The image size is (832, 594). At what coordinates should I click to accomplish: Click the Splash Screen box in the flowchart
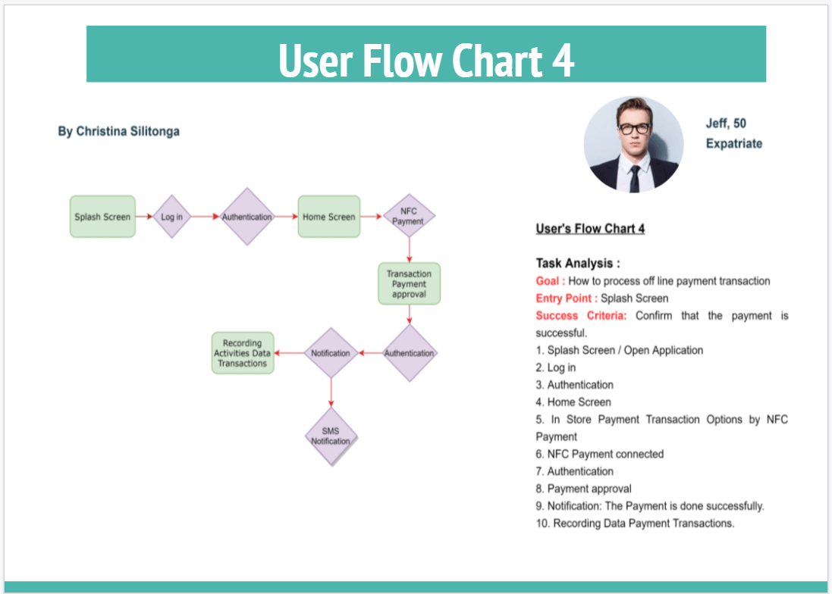pos(102,217)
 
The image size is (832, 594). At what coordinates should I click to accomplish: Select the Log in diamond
pos(172,217)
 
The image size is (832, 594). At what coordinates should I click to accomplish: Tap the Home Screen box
pos(328,217)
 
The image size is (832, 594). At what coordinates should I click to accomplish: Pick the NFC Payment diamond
pos(409,217)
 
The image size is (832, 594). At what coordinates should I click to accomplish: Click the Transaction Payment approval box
pos(410,284)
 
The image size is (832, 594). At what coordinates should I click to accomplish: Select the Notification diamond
pos(331,353)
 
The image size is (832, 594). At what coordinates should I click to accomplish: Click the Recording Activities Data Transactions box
pos(243,353)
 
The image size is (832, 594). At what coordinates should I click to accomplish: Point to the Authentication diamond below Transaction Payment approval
pos(410,353)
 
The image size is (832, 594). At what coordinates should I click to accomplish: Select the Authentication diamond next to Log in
pos(246,217)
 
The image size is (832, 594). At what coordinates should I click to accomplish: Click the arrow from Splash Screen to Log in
pos(144,217)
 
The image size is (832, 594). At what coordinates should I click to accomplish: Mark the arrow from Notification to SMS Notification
pos(331,393)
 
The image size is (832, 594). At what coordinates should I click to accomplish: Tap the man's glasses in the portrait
pos(634,128)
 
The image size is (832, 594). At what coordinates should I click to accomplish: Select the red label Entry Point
pos(566,299)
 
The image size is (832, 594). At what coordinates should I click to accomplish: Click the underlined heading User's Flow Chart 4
pos(590,229)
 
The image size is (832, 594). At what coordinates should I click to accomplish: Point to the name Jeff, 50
pos(726,123)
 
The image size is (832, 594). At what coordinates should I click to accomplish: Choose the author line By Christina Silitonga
pos(119,131)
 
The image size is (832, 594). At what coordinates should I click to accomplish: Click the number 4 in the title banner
pos(562,61)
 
